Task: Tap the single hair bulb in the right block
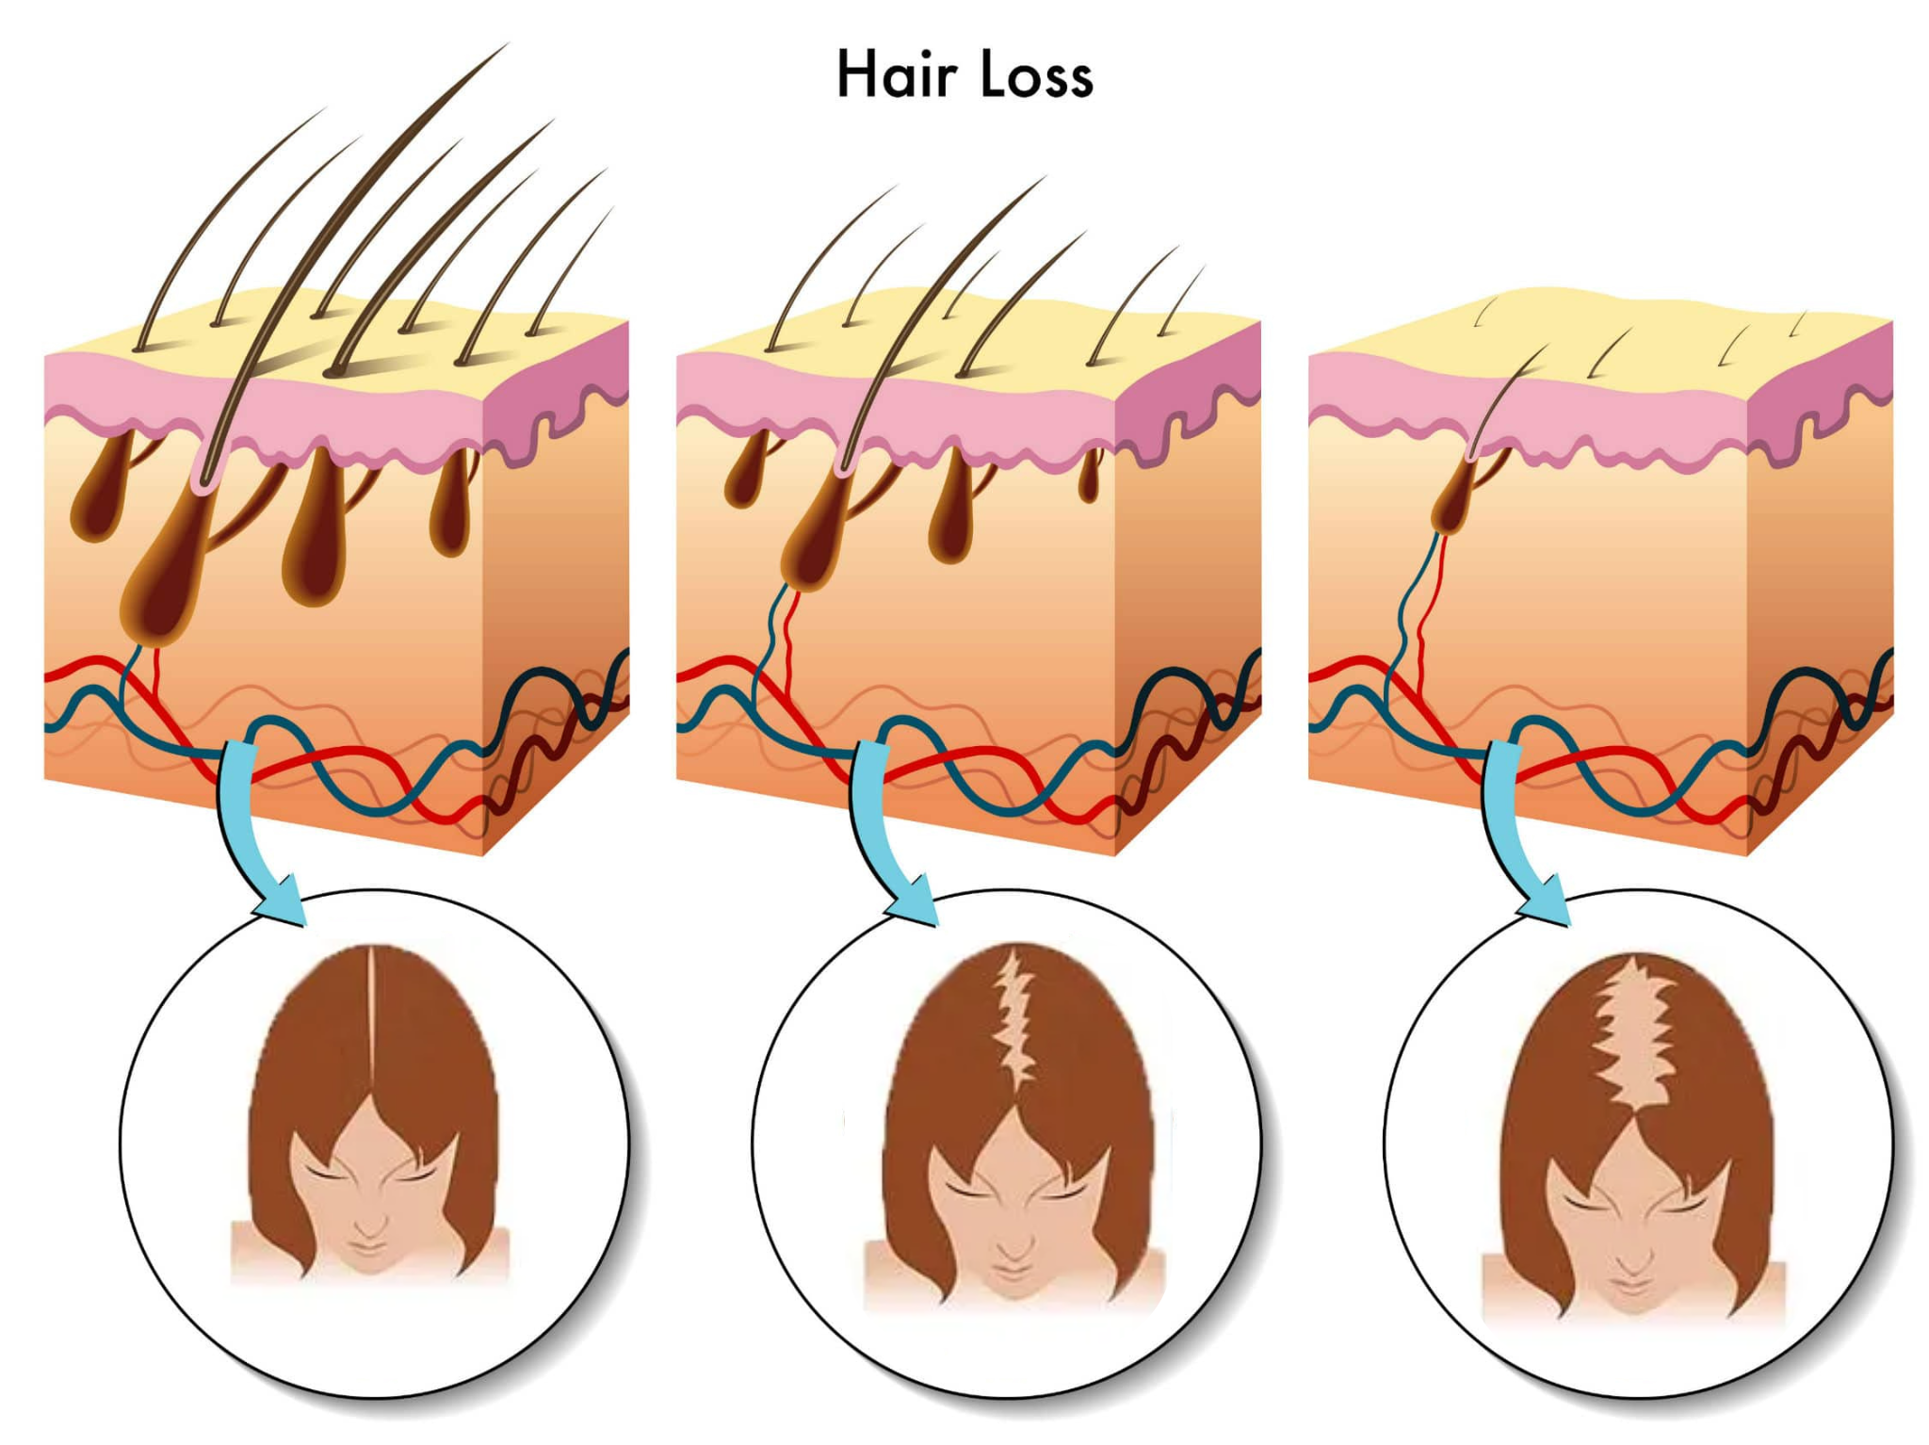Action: point(1456,495)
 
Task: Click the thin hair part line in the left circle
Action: point(371,1027)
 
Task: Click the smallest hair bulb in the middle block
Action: point(1090,476)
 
